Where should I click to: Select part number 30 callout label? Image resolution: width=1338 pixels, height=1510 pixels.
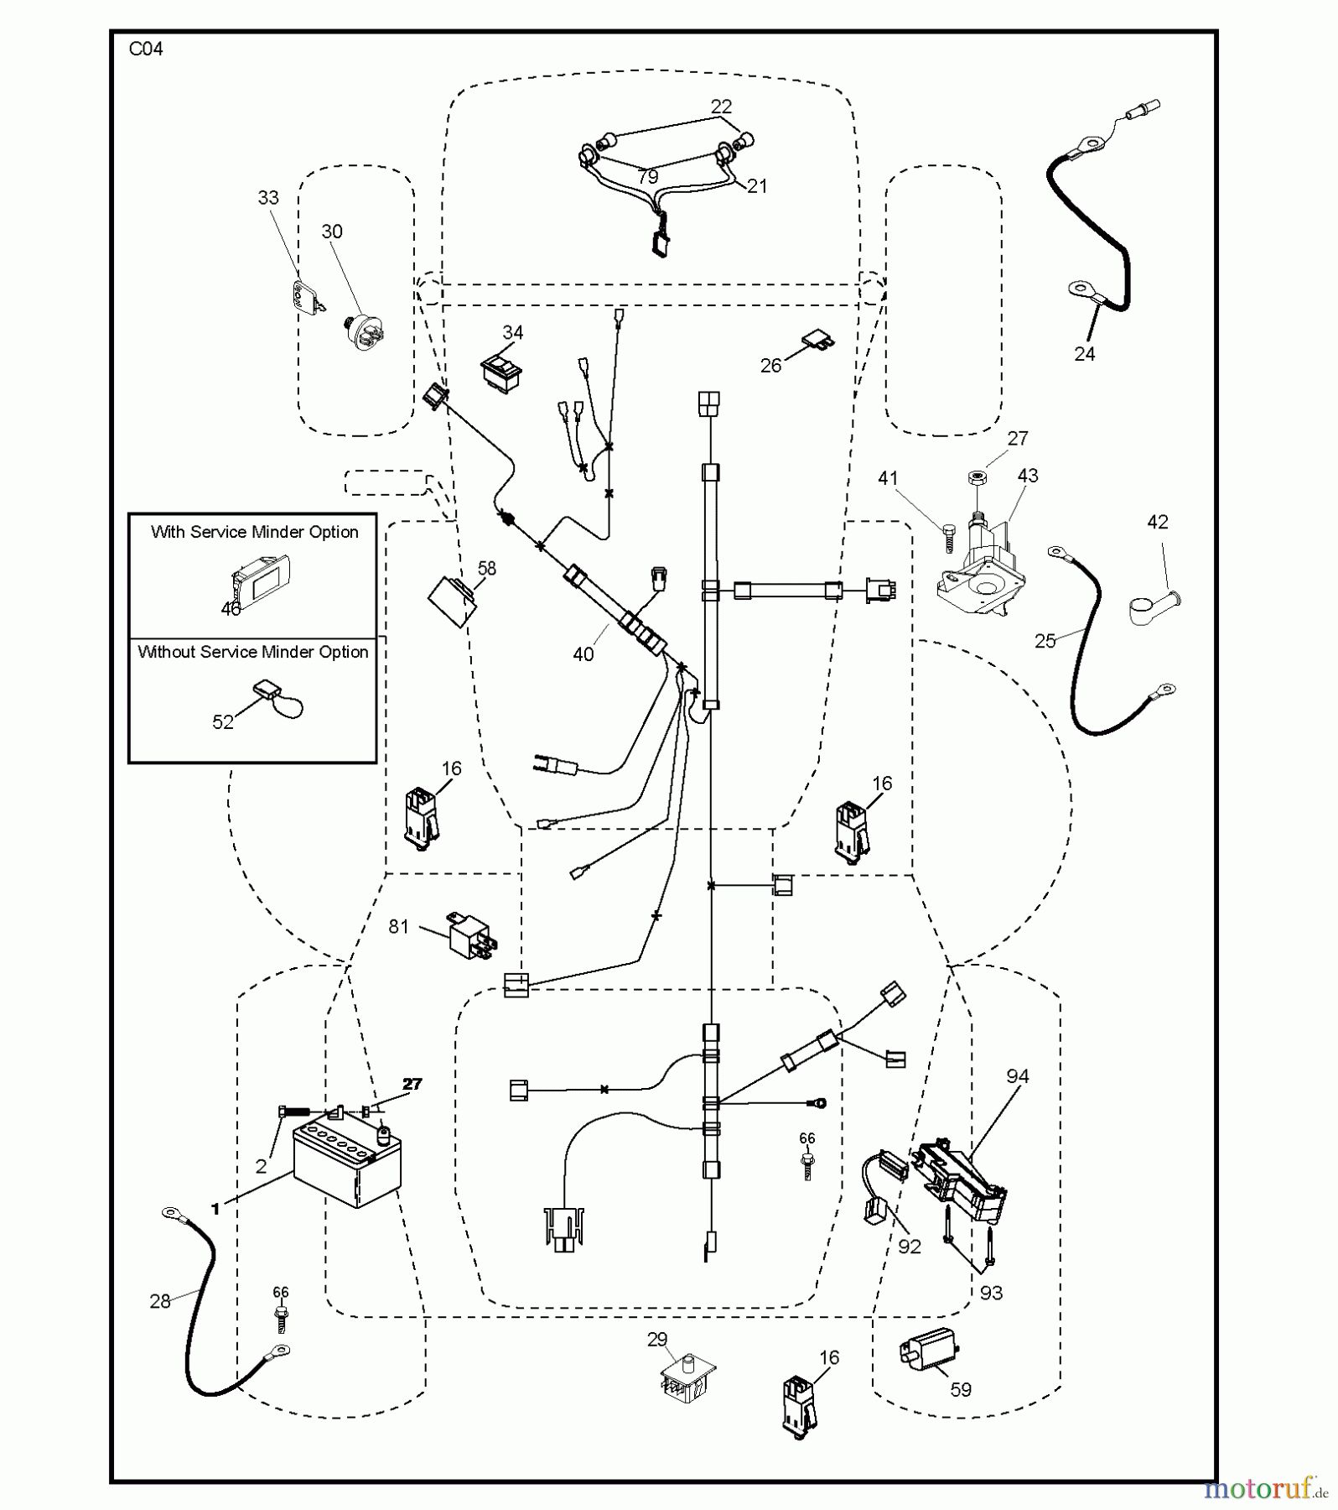tap(332, 232)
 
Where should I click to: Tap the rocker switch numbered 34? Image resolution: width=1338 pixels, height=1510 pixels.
tap(501, 370)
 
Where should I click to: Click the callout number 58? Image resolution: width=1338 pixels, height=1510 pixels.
tap(487, 569)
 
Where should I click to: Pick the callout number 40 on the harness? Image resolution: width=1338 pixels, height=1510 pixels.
tap(583, 654)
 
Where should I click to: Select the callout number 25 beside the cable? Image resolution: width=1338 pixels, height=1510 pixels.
tap(1045, 641)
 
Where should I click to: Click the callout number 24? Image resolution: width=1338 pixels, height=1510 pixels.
tap(1085, 354)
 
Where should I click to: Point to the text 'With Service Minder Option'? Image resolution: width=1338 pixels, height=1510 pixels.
tap(254, 532)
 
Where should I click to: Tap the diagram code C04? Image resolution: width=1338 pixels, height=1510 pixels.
tap(146, 49)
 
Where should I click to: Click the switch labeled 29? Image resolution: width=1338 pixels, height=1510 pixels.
tap(686, 1381)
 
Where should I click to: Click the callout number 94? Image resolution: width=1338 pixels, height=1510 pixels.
tap(1018, 1076)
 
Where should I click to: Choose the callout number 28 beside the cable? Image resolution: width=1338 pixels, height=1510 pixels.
tap(160, 1301)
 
